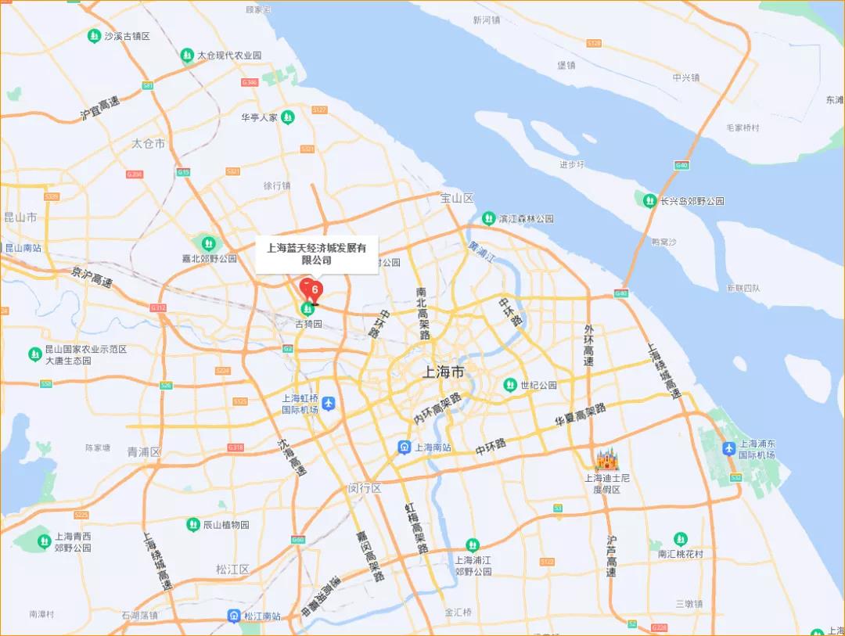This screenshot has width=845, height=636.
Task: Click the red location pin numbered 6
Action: click(312, 291)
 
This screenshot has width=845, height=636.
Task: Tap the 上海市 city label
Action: click(443, 372)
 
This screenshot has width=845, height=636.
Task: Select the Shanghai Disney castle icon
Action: click(607, 459)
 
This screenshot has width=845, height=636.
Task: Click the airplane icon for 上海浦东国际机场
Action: click(729, 448)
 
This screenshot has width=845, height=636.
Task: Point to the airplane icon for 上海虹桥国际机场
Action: click(329, 403)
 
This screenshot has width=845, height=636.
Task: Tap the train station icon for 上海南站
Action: click(404, 447)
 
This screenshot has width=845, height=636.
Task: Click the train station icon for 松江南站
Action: click(234, 616)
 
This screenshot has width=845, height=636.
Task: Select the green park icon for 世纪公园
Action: click(510, 385)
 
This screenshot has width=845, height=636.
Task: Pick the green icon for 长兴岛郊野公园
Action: click(649, 201)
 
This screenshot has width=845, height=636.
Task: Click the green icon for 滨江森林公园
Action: click(488, 218)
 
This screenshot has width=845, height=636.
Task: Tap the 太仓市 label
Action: click(148, 144)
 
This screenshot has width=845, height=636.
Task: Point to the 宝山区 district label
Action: click(458, 199)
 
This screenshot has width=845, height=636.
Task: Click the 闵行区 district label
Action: click(365, 488)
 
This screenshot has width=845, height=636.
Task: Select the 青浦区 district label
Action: click(143, 451)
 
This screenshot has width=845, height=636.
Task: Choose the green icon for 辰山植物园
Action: click(192, 524)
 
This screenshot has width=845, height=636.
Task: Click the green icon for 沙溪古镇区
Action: click(94, 36)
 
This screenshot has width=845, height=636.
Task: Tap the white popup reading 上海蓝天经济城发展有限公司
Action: click(317, 254)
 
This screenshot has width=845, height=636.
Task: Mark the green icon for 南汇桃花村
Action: click(681, 539)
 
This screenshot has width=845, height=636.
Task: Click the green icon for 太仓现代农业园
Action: click(187, 55)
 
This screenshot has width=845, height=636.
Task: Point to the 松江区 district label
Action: click(232, 569)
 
